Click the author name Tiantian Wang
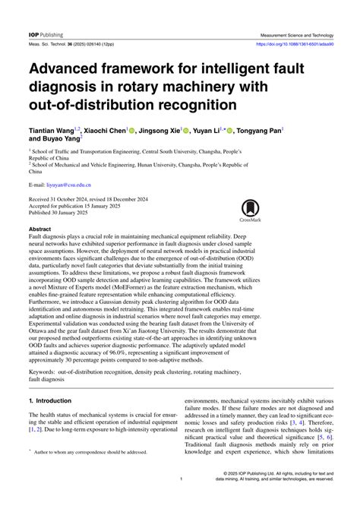click(x=52, y=131)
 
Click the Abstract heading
click(x=39, y=229)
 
